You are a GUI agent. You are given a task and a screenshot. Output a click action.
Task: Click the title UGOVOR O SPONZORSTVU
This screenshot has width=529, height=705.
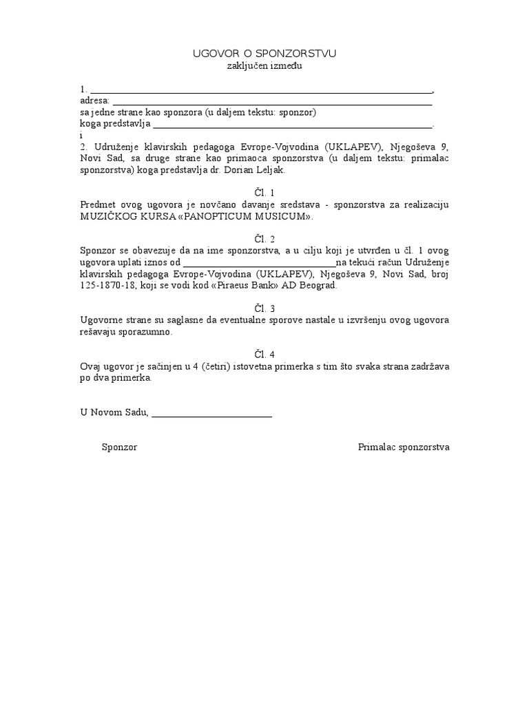(264, 54)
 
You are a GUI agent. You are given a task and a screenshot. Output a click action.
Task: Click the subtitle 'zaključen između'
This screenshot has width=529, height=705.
(264, 66)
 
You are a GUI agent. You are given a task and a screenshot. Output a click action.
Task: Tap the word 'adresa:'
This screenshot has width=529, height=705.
(95, 101)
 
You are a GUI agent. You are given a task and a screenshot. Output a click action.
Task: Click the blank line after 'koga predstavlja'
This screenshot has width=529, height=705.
(292, 125)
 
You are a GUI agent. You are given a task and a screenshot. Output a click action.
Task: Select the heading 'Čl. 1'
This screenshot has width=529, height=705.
(264, 193)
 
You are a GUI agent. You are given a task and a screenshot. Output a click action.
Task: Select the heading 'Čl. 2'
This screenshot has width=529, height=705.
(264, 239)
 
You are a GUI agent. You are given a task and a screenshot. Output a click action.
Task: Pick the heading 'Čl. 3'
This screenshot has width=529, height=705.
(264, 308)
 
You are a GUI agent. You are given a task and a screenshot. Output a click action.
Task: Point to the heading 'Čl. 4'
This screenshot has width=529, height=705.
(264, 355)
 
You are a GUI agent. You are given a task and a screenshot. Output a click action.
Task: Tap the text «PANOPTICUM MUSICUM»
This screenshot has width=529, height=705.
(264, 216)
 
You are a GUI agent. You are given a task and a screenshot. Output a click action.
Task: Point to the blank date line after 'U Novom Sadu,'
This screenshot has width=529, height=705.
(211, 413)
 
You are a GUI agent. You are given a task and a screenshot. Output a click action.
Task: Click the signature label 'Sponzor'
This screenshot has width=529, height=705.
(120, 448)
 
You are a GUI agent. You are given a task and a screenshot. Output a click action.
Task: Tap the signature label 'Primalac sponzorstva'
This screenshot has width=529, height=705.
(404, 448)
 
